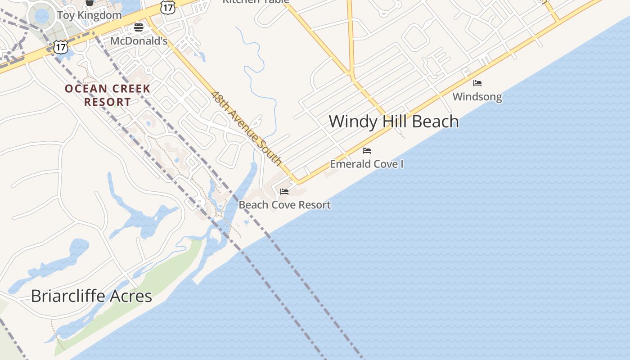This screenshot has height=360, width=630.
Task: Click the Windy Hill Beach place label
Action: pos(394,121)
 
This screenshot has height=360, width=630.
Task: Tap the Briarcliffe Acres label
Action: pos(91,296)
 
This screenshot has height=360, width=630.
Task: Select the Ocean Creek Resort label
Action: pos(108,95)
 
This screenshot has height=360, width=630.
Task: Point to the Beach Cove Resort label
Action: pos(284,205)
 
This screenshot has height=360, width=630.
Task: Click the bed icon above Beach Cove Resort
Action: pos(284,192)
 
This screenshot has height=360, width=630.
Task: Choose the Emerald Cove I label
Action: pos(367,164)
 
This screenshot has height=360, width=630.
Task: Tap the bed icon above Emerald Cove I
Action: pos(367,151)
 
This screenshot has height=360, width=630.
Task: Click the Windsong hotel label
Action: pos(477,96)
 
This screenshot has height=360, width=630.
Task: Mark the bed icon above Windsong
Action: pos(477,83)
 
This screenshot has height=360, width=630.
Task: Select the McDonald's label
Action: pos(139,41)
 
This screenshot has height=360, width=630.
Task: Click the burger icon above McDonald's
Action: pos(139,28)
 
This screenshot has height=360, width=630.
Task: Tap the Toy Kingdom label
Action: pos(89,15)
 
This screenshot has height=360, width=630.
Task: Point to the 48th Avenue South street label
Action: pos(247,129)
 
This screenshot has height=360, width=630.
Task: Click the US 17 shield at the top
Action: pos(167,6)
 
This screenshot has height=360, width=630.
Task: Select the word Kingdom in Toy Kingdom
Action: pos(99,15)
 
